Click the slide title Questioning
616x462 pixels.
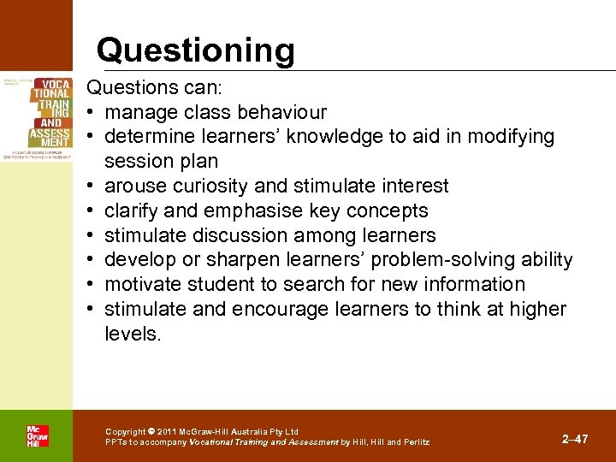coord(195,50)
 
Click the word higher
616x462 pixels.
coord(538,309)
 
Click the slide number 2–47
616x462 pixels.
coord(575,439)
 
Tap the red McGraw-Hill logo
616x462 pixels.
coord(37,435)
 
